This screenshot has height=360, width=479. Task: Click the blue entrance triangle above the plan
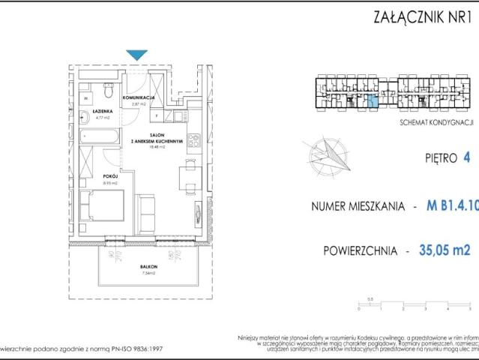coord(137,55)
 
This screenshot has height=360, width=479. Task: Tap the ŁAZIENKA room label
coord(103,110)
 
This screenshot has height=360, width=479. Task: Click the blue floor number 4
coord(467,158)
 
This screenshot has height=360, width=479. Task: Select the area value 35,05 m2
coord(444,250)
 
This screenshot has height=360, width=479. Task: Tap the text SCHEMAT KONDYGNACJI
coord(434,121)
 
